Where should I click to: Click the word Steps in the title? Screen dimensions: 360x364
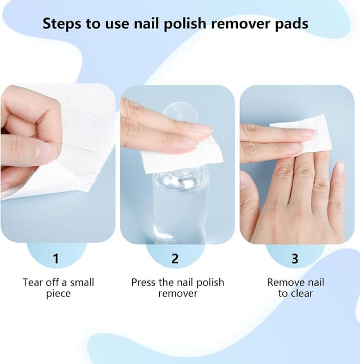62,24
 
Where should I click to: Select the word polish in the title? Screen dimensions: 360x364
185,24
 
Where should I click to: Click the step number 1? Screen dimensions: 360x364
56,258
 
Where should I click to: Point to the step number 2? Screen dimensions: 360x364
175,258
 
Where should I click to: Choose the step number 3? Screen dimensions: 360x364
295,258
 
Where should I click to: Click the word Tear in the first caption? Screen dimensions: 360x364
32,283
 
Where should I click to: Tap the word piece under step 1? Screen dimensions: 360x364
58,294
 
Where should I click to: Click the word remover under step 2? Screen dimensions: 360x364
178,293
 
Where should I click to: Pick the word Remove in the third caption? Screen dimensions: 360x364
283,283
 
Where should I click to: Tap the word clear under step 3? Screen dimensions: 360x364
301,293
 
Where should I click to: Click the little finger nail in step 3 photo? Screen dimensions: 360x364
339,168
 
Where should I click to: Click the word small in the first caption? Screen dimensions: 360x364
82,283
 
